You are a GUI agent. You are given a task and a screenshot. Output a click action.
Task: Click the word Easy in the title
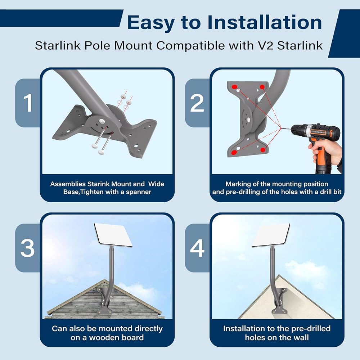151,23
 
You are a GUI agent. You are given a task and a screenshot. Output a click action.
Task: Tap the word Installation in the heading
265,22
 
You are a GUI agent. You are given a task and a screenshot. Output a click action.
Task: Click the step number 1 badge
28,103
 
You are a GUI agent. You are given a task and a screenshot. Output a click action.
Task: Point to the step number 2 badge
197,103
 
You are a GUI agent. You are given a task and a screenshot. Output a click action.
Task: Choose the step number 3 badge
28,248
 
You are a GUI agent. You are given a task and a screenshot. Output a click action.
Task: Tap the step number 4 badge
197,248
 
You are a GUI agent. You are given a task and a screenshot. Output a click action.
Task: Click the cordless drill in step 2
315,141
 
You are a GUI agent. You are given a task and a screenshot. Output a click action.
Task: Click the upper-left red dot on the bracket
234,87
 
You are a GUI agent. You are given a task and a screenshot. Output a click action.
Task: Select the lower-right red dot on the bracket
263,150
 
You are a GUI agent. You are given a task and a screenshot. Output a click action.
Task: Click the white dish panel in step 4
271,235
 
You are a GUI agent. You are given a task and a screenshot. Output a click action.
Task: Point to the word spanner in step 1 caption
139,192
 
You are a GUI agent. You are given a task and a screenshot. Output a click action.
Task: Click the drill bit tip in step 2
281,129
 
